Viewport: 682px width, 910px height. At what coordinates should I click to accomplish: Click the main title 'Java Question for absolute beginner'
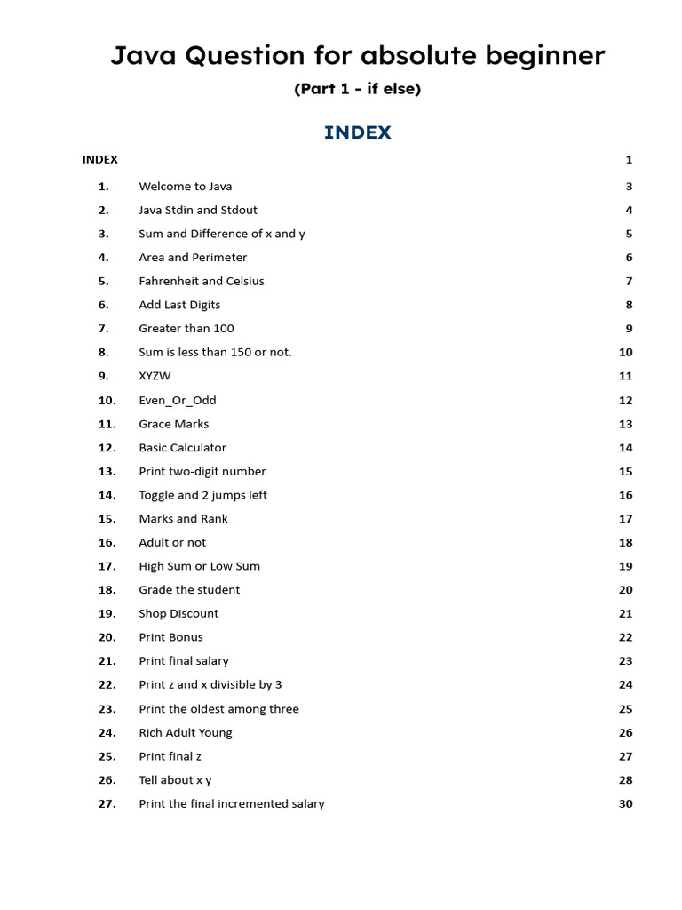click(x=358, y=56)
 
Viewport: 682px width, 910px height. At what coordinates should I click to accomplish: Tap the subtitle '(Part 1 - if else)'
click(x=357, y=89)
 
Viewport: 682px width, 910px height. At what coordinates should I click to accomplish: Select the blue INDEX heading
click(x=357, y=132)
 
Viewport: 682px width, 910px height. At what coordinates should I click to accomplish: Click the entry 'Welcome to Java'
click(x=185, y=187)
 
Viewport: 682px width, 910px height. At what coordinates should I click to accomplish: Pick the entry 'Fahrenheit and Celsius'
click(x=201, y=281)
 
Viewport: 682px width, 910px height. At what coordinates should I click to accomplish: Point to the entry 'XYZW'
click(x=155, y=376)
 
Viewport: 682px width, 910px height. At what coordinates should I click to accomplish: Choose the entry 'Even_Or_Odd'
click(x=177, y=400)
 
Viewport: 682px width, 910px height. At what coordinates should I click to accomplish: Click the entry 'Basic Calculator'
click(x=182, y=448)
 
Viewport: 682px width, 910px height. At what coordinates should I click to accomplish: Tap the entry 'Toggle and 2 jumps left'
click(x=202, y=495)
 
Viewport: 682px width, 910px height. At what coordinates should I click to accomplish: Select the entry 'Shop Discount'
click(x=178, y=613)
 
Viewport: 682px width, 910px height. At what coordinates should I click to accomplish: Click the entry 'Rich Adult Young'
click(x=185, y=732)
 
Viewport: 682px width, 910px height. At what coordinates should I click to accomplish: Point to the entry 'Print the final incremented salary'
click(x=231, y=803)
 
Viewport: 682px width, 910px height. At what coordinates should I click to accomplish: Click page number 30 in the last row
click(x=625, y=803)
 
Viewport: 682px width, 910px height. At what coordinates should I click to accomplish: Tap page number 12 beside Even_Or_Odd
click(x=625, y=400)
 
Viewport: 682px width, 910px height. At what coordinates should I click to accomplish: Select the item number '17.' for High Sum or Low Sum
click(x=107, y=566)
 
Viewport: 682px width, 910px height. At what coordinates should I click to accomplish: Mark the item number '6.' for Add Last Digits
click(x=103, y=305)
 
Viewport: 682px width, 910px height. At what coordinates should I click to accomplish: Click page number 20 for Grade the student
click(x=625, y=590)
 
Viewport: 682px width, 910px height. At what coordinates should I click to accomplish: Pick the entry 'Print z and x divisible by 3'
click(x=210, y=684)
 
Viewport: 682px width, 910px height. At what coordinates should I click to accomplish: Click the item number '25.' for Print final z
click(x=107, y=756)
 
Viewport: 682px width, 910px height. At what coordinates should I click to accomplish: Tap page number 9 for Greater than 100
click(x=629, y=329)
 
